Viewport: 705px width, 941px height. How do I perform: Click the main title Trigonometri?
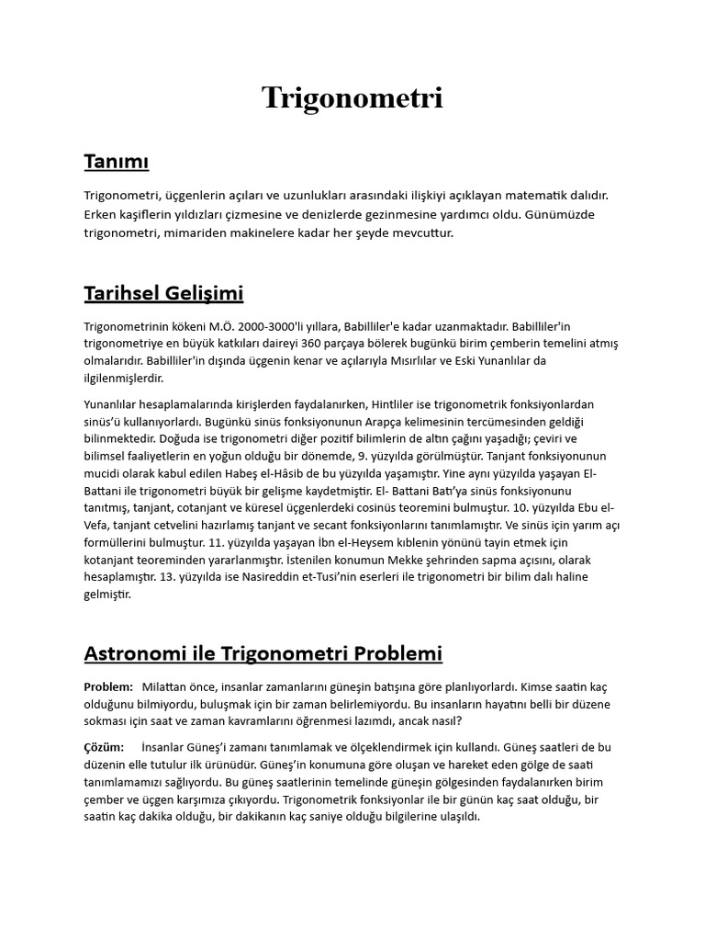352,97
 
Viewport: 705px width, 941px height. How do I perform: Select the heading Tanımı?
117,163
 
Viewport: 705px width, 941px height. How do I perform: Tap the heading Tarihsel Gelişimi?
163,294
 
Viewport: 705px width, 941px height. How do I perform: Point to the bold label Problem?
108,686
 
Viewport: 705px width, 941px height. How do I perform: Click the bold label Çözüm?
104,747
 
